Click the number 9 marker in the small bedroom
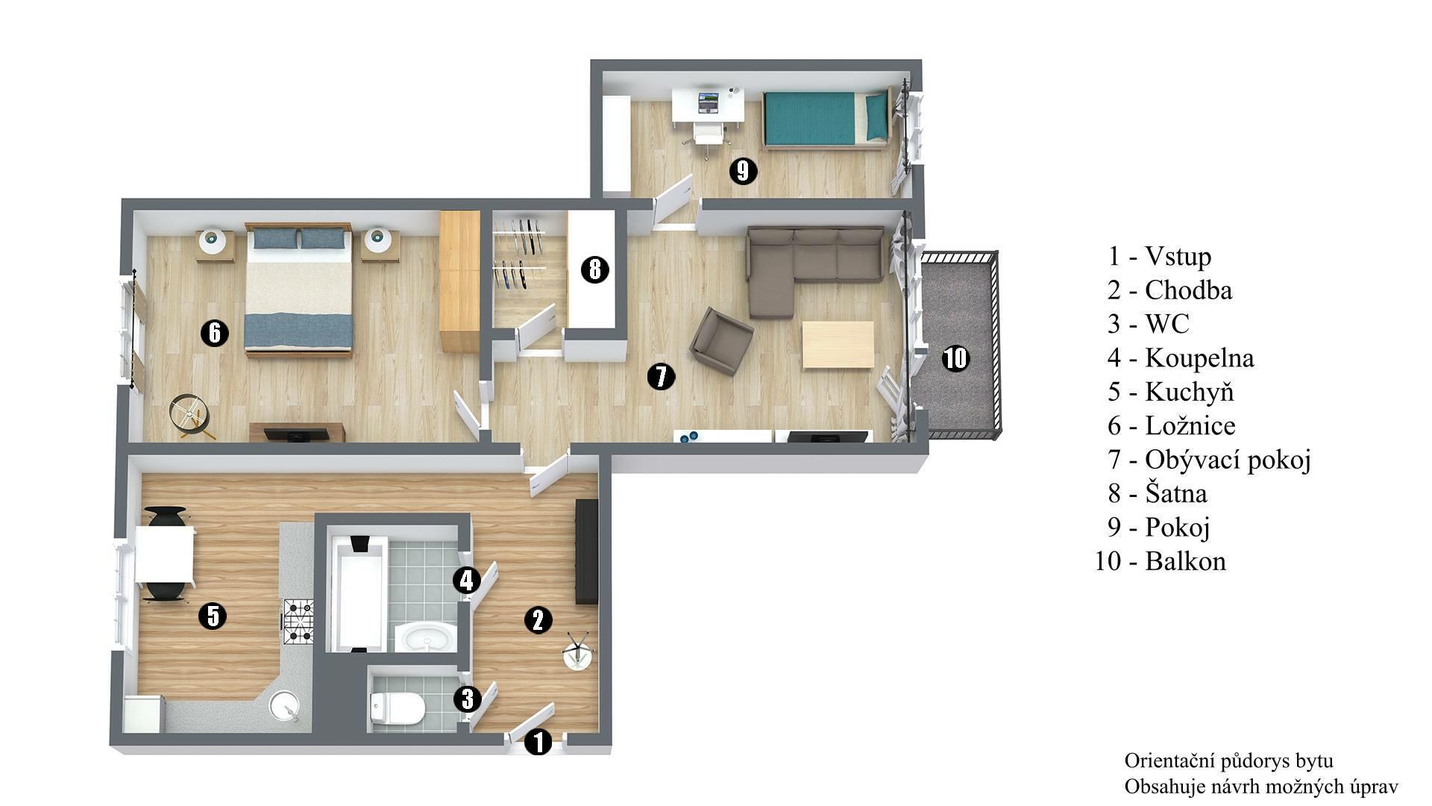coord(742,172)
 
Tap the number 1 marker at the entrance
coord(538,742)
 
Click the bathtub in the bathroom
coord(359,593)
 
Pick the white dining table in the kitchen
coord(165,554)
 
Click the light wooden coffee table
coord(838,345)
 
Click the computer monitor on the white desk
coord(708,99)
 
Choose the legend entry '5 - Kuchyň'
coord(1170,391)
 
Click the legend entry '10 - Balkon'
coord(1160,560)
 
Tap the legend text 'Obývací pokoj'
coord(1228,460)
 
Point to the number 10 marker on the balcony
coord(955,358)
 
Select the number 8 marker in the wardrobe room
coord(594,269)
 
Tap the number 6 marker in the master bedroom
coord(215,332)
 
